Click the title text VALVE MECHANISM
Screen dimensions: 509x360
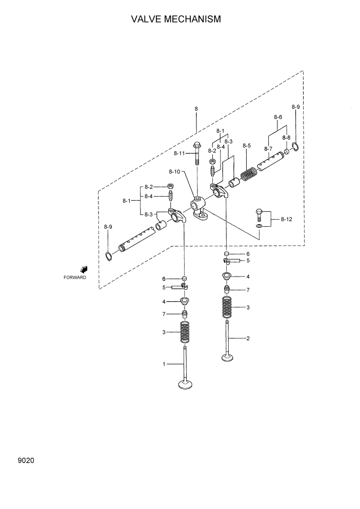(176, 19)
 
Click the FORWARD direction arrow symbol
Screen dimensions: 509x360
(84, 269)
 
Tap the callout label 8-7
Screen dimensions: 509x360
(268, 149)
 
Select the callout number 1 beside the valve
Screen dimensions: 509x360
(164, 364)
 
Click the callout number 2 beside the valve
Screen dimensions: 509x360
(248, 338)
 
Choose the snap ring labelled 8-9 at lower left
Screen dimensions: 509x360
(108, 256)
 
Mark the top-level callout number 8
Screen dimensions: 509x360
(196, 109)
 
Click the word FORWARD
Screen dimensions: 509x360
(75, 277)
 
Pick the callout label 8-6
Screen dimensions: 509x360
(278, 117)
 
